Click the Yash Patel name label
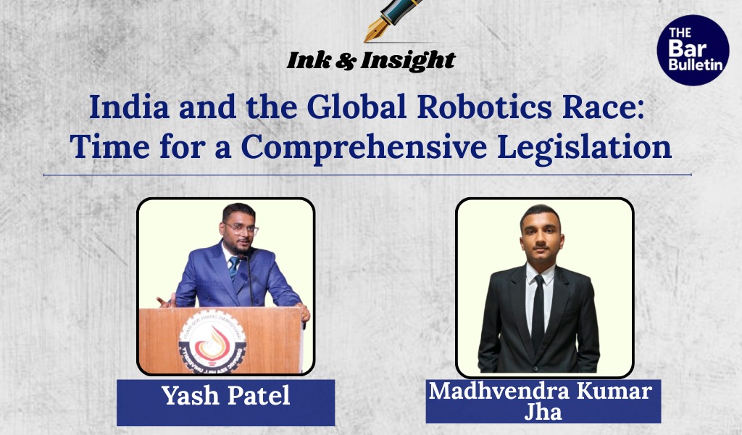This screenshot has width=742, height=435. coord(225,396)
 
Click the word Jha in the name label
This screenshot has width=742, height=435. coord(543,412)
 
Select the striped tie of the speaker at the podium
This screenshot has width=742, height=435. coord(233,268)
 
